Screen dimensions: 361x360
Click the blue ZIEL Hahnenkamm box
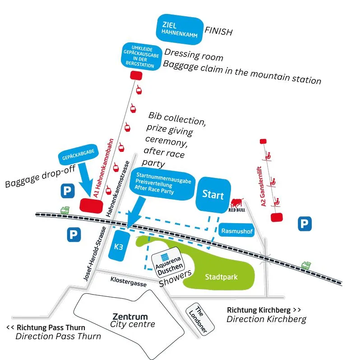tap(180, 29)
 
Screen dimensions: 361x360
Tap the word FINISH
tap(218, 31)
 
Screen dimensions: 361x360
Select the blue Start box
tap(213, 195)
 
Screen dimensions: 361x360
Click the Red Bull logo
tap(236, 205)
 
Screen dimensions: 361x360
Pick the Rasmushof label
tap(236, 230)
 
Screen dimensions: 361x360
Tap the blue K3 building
tap(119, 246)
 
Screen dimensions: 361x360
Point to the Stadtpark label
tap(221, 277)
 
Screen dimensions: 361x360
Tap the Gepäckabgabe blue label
tap(78, 154)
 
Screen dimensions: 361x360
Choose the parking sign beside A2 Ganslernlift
tap(305, 224)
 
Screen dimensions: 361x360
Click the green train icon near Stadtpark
tap(306, 265)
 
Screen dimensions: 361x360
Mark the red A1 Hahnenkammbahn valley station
tap(91, 206)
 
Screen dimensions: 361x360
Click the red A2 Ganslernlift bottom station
tap(277, 217)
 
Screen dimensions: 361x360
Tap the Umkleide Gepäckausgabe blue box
tap(141, 57)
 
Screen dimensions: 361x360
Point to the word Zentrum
tap(130, 317)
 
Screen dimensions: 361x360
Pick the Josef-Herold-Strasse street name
tap(95, 253)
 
